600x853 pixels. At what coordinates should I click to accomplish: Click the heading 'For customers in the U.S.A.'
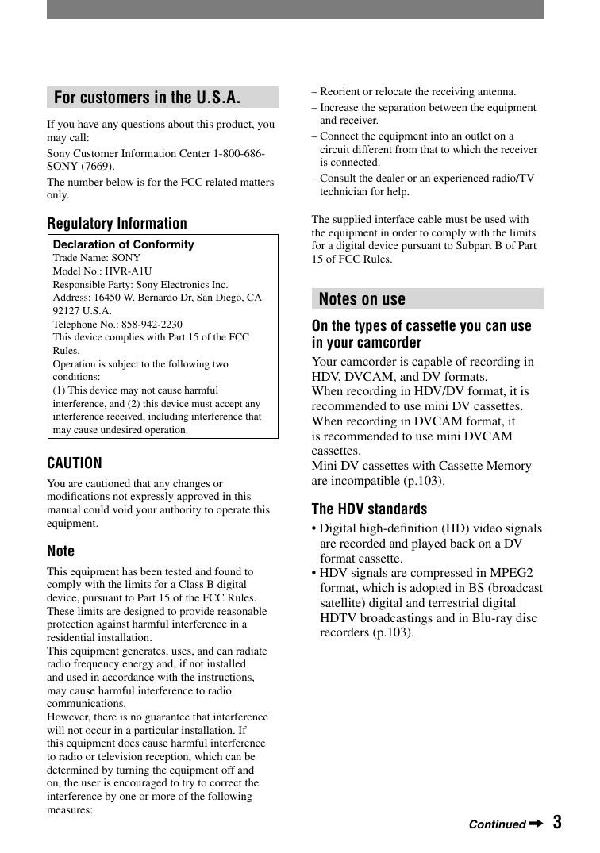coord(147,98)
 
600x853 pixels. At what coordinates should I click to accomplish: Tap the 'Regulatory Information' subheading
coord(117,223)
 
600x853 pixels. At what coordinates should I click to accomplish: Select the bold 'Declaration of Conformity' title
coord(123,244)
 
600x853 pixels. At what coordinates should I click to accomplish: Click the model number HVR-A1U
coord(128,271)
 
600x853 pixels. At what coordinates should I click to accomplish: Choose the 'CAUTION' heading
coord(75,463)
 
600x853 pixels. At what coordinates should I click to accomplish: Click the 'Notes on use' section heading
coord(362,299)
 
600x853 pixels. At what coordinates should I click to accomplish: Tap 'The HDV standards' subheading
coord(369,509)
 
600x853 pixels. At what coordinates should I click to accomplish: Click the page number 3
coord(557,822)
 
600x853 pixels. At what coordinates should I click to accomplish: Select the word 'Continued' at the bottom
coord(497,824)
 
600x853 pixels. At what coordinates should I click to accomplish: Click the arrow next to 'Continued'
coord(536,824)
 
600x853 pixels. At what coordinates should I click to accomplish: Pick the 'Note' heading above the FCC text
coord(60,551)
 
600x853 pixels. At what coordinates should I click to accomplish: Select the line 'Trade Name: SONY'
coord(96,258)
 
